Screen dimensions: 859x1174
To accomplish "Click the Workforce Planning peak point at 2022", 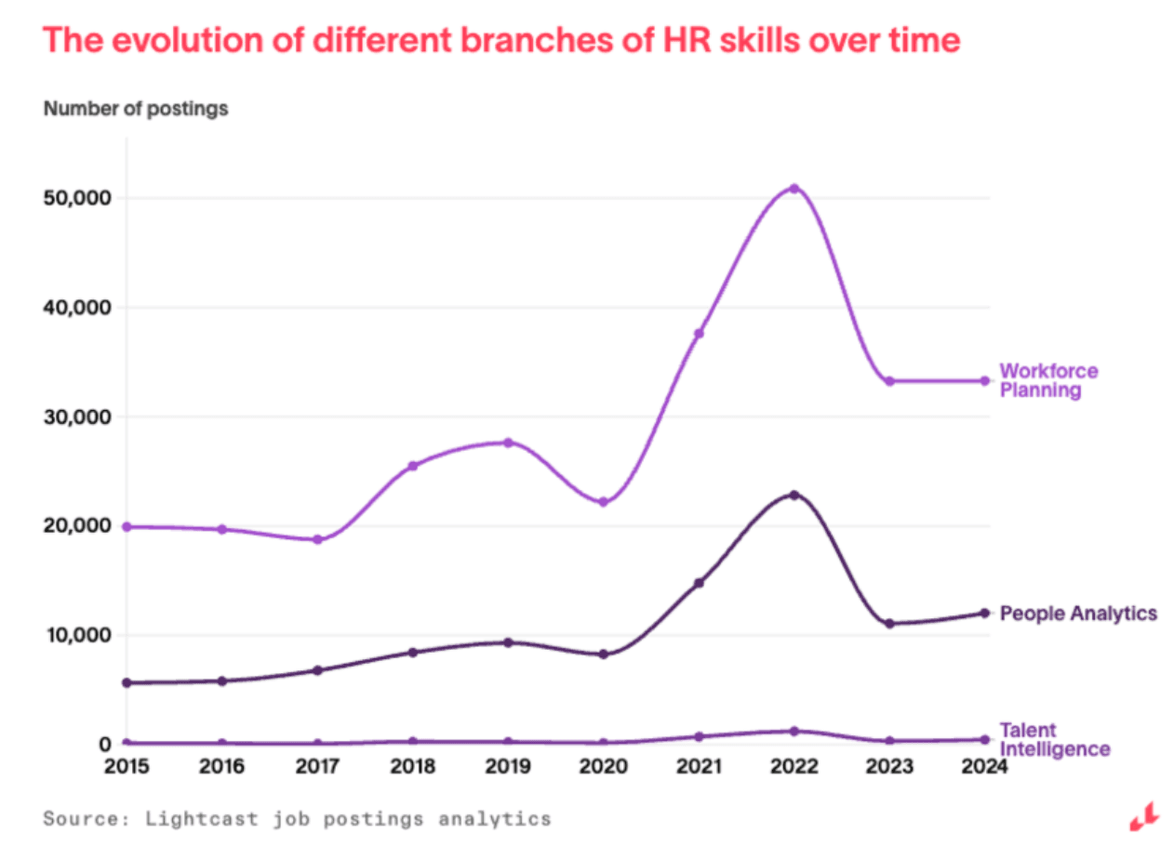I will (x=794, y=189).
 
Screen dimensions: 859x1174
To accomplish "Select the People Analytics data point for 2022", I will (x=794, y=495).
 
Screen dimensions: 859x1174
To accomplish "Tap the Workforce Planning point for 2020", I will (x=603, y=502).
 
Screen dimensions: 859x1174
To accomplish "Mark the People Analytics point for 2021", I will (x=699, y=583).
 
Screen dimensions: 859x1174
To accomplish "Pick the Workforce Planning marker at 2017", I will (x=317, y=539).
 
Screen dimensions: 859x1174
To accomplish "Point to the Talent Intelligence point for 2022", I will (x=794, y=732).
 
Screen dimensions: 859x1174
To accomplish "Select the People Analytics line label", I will (x=1078, y=614).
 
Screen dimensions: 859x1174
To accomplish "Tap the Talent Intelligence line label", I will (x=1054, y=740).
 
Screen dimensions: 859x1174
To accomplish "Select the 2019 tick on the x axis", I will (x=508, y=768).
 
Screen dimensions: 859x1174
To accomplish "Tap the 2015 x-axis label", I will (x=127, y=768).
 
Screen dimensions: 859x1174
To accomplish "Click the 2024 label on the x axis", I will (x=983, y=768).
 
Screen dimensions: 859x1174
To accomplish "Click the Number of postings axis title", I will (x=136, y=110).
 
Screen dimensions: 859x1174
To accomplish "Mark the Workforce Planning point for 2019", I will (x=508, y=443).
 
